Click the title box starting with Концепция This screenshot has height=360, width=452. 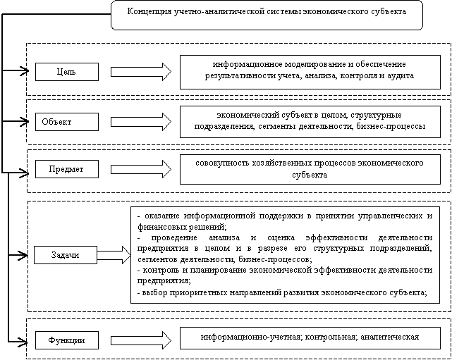pyautogui.click(x=267, y=15)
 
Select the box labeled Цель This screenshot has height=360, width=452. pyautogui.click(x=67, y=72)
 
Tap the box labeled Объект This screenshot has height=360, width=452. pyautogui.click(x=67, y=122)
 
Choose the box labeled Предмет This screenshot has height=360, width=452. pyautogui.click(x=67, y=169)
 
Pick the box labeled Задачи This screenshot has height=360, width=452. pyautogui.click(x=66, y=255)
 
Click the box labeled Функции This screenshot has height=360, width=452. pyautogui.click(x=67, y=340)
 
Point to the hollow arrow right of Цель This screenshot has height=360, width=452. pyautogui.click(x=141, y=72)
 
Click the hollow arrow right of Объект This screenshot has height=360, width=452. pyautogui.click(x=141, y=122)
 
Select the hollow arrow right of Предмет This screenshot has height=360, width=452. pyautogui.click(x=141, y=169)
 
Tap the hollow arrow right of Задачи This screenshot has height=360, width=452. pyautogui.click(x=114, y=255)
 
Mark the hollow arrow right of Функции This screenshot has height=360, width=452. pyautogui.click(x=141, y=340)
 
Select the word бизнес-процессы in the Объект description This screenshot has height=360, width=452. pyautogui.click(x=391, y=126)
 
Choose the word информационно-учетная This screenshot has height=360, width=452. pyautogui.click(x=252, y=337)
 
